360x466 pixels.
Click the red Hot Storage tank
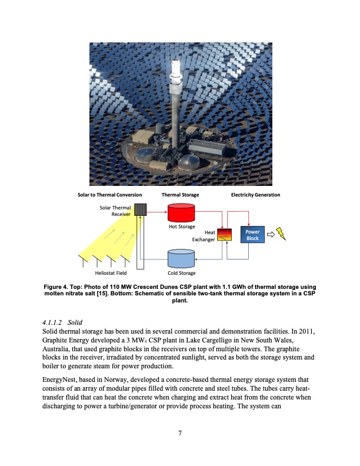(181, 212)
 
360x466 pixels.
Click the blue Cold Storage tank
(181, 258)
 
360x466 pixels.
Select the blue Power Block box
(252, 235)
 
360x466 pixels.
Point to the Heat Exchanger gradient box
(225, 235)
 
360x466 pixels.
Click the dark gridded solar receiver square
(140, 209)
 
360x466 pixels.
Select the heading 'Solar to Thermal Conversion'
(110, 194)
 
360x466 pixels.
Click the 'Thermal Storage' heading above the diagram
(180, 194)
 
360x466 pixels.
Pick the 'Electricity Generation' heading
(255, 194)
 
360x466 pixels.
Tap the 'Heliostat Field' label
(111, 273)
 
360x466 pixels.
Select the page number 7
(180, 434)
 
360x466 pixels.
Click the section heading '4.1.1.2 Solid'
(61, 322)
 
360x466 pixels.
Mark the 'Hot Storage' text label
(181, 227)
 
